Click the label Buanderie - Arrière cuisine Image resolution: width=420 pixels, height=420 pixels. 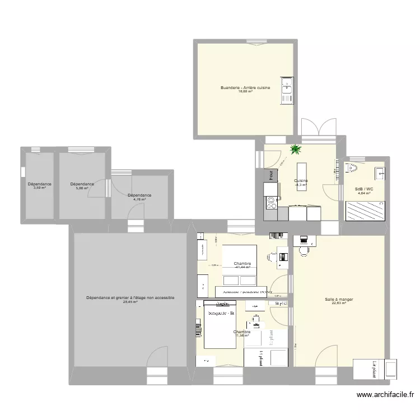pyautogui.click(x=245, y=87)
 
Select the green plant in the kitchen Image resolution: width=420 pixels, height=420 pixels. pyautogui.click(x=295, y=150)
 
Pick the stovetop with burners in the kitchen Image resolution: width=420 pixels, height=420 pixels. pyautogui.click(x=271, y=201)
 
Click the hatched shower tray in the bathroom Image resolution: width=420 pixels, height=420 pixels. pyautogui.click(x=365, y=212)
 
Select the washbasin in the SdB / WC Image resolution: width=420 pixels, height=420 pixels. pyautogui.click(x=380, y=172)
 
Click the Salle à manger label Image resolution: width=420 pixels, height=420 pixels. pyautogui.click(x=339, y=300)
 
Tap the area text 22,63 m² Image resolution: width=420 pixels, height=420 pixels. pyautogui.click(x=339, y=304)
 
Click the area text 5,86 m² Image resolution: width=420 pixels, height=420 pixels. pyautogui.click(x=82, y=188)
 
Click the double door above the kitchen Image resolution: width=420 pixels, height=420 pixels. pyautogui.click(x=318, y=128)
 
